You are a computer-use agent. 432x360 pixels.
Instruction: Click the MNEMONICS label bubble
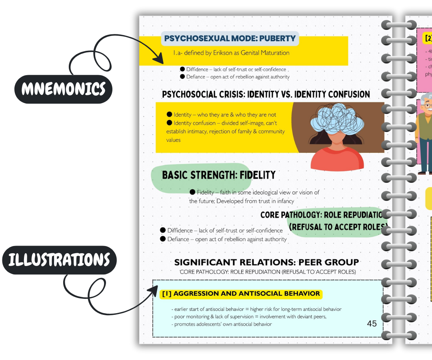click(63, 89)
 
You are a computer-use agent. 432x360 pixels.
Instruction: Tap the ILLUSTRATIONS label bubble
click(59, 260)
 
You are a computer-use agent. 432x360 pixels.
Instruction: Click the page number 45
click(372, 323)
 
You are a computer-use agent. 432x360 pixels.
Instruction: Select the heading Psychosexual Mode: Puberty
click(230, 39)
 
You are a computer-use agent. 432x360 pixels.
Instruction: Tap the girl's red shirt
click(337, 159)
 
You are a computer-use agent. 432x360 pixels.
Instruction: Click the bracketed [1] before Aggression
click(166, 294)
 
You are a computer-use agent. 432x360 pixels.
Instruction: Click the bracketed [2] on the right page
click(428, 38)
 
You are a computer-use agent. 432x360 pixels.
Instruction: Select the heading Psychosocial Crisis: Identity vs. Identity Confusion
click(266, 94)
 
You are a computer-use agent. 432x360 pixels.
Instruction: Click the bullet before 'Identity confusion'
click(169, 123)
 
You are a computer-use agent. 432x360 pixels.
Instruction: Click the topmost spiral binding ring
click(398, 25)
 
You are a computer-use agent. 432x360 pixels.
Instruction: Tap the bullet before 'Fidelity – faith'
click(192, 192)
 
